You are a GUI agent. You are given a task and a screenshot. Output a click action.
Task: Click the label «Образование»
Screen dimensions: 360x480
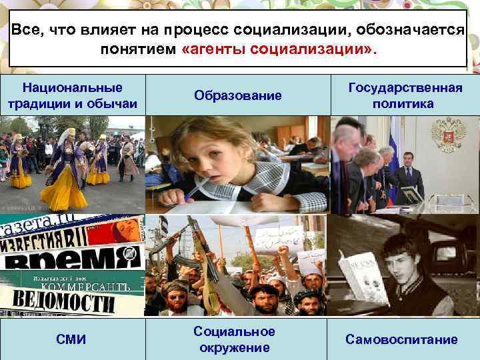[238, 96]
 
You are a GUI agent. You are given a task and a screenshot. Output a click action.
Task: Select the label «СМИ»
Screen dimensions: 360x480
[72, 339]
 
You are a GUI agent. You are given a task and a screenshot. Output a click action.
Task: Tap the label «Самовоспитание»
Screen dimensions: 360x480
[401, 339]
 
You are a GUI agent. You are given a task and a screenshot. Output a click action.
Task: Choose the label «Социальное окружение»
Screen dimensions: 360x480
[235, 339]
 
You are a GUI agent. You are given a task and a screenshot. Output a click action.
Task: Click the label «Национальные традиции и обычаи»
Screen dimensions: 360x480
[72, 96]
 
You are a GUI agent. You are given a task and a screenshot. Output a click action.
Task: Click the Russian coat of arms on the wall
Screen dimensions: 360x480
[448, 134]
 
